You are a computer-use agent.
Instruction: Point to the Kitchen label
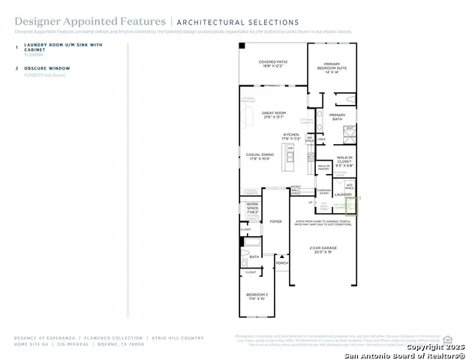pyautogui.click(x=290, y=136)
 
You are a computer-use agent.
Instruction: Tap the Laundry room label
pyautogui.click(x=353, y=194)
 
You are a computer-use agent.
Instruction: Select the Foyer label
pyautogui.click(x=276, y=221)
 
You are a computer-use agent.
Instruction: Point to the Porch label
pyautogui.click(x=281, y=263)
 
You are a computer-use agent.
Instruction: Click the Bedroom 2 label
pyautogui.click(x=257, y=297)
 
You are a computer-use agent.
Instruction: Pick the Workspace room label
pyautogui.click(x=251, y=206)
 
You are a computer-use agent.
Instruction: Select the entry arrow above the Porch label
pyautogui.click(x=281, y=255)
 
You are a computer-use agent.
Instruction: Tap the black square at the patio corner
pyautogui.click(x=242, y=46)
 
